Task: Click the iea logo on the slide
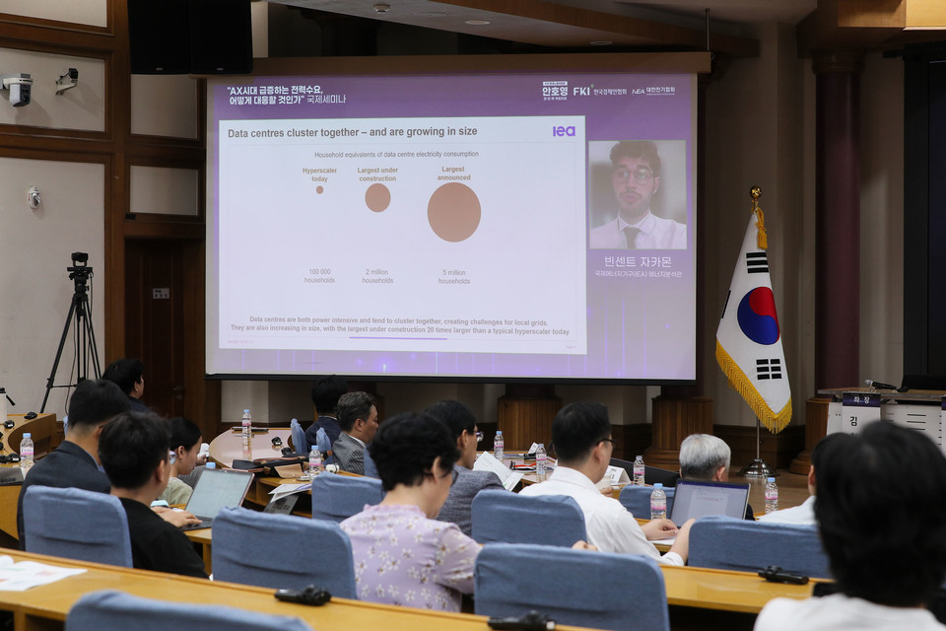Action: click(564, 131)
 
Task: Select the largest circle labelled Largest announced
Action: click(454, 212)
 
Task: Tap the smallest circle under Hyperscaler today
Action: click(319, 189)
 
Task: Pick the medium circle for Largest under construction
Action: click(377, 198)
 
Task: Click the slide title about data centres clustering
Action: click(352, 132)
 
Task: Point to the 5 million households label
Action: click(453, 277)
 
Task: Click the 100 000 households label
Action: click(319, 276)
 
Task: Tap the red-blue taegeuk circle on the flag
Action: click(758, 315)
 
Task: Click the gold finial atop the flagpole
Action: click(755, 193)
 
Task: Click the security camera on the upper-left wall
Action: click(18, 89)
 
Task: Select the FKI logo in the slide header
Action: click(582, 91)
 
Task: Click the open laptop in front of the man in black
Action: click(218, 493)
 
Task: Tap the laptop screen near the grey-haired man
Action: click(709, 501)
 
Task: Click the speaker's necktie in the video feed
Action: click(631, 237)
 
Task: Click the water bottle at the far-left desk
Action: click(27, 450)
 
